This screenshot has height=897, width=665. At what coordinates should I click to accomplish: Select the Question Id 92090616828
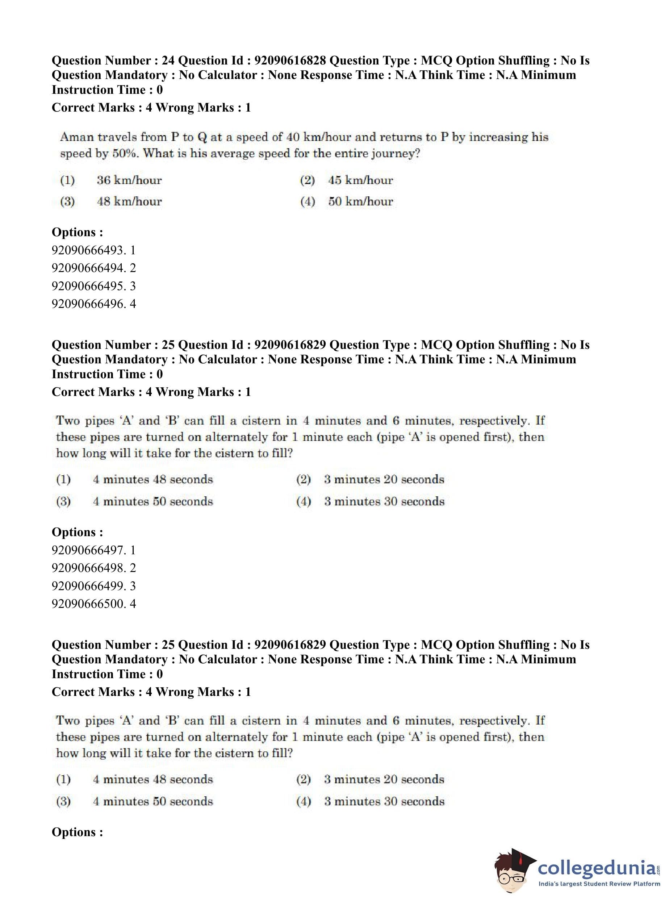click(290, 61)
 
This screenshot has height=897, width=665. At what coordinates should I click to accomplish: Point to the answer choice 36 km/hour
click(129, 180)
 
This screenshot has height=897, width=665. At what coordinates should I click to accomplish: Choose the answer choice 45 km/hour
click(360, 180)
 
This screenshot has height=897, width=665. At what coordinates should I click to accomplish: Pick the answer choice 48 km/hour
click(129, 201)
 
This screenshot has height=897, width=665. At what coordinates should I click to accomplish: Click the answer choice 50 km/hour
click(360, 201)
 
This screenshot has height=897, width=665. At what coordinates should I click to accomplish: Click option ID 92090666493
click(88, 250)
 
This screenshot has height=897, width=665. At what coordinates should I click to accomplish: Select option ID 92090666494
click(88, 268)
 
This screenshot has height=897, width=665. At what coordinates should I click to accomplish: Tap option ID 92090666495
click(88, 286)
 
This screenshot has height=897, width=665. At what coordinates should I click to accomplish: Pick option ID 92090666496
click(88, 304)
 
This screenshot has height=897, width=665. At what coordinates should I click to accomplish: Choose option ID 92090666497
click(88, 550)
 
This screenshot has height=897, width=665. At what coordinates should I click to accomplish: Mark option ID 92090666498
click(88, 568)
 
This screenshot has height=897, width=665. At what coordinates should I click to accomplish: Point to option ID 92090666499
click(88, 586)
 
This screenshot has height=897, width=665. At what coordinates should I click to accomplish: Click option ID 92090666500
click(88, 604)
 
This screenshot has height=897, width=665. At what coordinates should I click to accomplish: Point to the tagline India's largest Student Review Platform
click(599, 884)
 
